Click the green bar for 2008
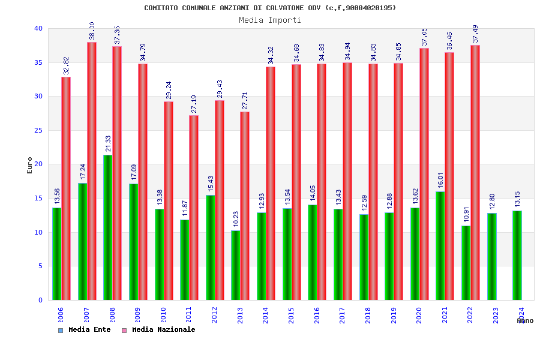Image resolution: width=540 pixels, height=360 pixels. (108, 228)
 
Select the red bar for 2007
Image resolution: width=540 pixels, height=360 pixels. (92, 171)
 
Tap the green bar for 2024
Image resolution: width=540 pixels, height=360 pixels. (517, 255)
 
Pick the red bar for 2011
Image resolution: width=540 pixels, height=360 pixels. (194, 207)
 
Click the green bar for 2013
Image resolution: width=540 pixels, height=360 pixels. (236, 265)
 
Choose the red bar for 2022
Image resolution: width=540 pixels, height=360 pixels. (475, 173)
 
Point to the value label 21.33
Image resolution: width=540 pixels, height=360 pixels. (108, 144)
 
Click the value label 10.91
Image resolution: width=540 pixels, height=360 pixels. (466, 215)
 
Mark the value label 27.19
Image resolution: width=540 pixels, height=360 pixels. (194, 104)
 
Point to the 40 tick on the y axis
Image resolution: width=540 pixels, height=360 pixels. (38, 29)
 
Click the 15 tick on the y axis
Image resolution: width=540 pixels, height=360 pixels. (38, 198)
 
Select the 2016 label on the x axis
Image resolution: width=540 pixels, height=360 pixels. (317, 315)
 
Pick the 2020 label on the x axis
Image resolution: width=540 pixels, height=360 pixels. (419, 315)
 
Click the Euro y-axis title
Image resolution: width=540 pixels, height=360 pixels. (30, 165)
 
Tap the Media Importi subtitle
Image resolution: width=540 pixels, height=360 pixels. (270, 20)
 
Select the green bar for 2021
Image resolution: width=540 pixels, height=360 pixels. (440, 245)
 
